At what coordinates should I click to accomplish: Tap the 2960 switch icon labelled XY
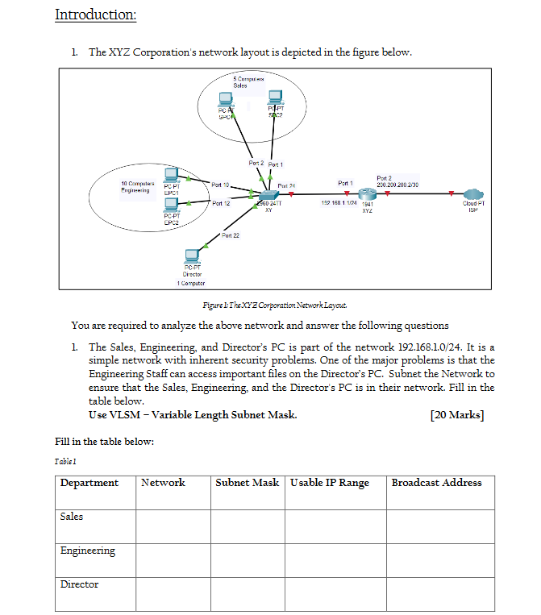(x=265, y=195)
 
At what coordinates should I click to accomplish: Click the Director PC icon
(x=191, y=256)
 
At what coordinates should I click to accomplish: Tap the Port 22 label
(x=230, y=235)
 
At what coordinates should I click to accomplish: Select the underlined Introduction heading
(x=95, y=15)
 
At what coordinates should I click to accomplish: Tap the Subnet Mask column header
(x=247, y=483)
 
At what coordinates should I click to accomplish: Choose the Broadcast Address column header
(x=436, y=483)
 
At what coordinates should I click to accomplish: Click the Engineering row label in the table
(x=87, y=551)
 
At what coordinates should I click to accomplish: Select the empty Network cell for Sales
(x=173, y=526)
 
